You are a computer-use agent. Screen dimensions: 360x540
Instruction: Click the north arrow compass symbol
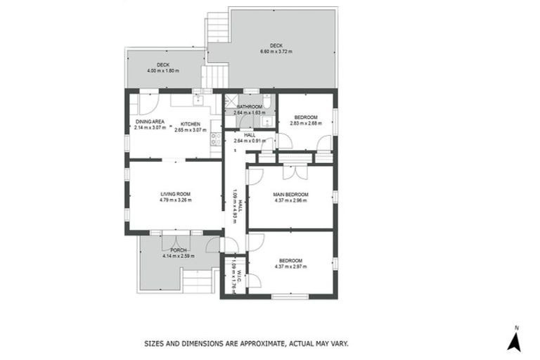coord(515,341)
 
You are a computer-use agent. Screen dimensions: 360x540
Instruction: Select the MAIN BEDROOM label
coord(291,194)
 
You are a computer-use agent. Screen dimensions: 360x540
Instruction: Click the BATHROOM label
coord(249,107)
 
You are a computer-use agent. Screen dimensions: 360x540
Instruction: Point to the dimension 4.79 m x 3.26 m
coord(176,200)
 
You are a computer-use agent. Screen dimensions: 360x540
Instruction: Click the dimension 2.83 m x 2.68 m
coord(305,123)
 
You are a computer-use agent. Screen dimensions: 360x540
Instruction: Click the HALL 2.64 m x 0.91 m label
coord(249,137)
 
